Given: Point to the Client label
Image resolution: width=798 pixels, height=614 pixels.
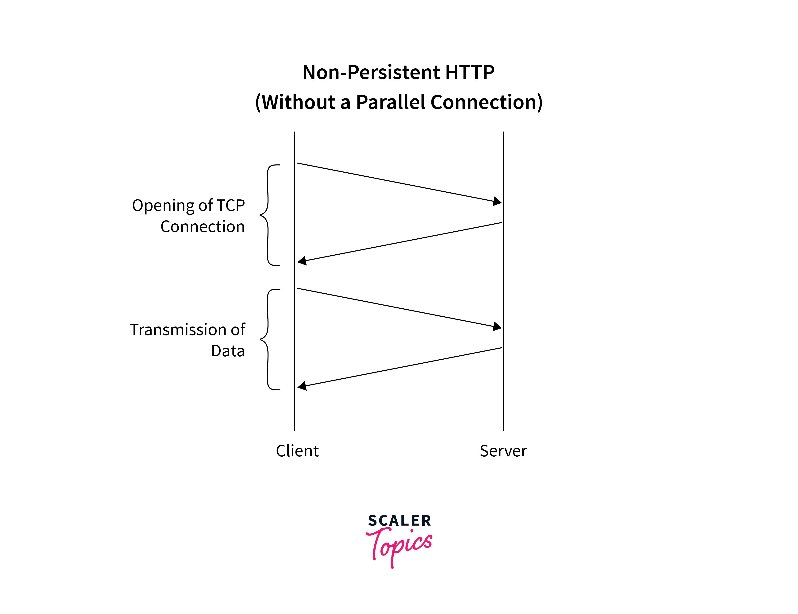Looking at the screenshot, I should (297, 451).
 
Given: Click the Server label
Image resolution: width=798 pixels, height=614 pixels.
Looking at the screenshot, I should (503, 451).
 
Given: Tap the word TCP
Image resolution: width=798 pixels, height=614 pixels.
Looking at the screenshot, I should (230, 205).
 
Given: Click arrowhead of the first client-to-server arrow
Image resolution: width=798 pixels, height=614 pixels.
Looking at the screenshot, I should (497, 201).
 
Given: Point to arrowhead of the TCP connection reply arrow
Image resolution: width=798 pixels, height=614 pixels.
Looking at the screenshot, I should (302, 260).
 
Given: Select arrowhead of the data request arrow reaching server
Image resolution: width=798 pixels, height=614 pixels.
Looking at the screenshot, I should (497, 326).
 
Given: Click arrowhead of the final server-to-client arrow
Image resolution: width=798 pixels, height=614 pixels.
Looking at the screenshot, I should (302, 386).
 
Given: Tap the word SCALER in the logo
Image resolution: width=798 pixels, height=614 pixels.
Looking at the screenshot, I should (399, 521).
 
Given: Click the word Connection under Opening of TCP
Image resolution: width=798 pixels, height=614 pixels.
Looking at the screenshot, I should (202, 227).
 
